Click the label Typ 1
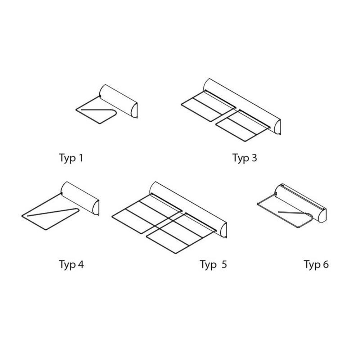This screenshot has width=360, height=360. point(71,158)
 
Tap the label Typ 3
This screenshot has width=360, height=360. point(245,158)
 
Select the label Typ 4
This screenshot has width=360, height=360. point(71,265)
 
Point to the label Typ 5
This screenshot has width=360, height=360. point(213,265)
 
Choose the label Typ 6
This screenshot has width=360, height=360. point(316,265)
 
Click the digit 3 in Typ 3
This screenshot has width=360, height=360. point(254,158)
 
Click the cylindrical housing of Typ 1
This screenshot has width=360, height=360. point(118,101)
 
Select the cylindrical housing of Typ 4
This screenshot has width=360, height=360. point(80,198)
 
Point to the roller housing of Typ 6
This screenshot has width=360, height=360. point(301,202)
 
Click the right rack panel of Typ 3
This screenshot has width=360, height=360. point(243,125)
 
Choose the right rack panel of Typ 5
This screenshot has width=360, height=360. point(181,233)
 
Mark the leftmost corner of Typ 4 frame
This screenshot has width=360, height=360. point(22,216)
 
